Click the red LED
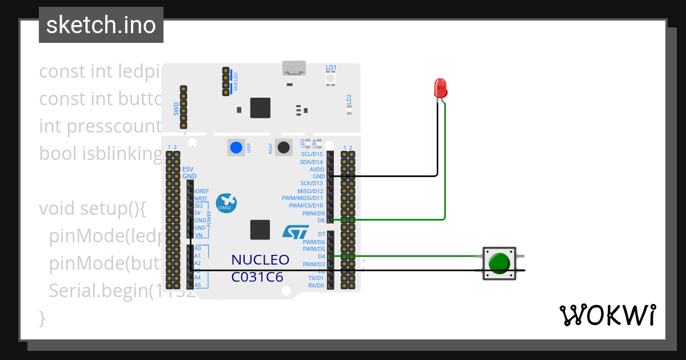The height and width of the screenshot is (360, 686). click(440, 88)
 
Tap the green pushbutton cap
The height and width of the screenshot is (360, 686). click(500, 263)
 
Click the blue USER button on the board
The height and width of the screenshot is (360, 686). click(236, 147)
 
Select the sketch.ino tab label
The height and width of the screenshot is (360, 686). click(101, 25)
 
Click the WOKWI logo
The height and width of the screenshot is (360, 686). click(607, 315)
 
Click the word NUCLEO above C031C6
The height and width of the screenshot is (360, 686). click(260, 260)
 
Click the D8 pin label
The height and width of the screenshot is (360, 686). click(321, 220)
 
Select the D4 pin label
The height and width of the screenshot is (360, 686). click(321, 257)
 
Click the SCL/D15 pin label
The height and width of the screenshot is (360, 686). click(312, 154)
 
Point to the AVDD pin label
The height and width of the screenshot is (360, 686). click(317, 169)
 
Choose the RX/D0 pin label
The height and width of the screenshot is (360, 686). click(316, 285)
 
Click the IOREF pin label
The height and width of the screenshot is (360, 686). click(201, 191)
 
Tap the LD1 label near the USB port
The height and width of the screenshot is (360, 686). click(331, 67)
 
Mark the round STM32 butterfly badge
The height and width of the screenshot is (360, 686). click(226, 203)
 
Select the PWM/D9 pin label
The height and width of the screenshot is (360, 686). click(313, 213)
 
